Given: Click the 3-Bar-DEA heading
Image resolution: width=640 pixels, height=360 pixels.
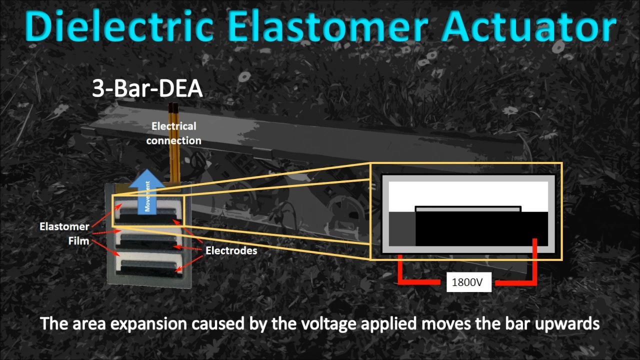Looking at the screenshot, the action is coord(147,88).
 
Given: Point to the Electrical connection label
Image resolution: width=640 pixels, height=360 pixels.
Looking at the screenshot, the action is coord(173,133).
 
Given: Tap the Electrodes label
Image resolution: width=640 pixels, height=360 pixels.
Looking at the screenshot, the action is coord(231,250).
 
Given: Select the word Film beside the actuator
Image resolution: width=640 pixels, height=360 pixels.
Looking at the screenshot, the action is coord(78,241).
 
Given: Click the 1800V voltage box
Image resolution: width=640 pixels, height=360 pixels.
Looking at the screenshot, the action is coord(469,282).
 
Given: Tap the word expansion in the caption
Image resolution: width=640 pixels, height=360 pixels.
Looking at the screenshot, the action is coord(148,324).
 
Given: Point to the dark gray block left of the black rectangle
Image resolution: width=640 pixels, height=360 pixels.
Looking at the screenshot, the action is coord(402,228).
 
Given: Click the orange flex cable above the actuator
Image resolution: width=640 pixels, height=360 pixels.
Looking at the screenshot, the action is coord(174,145).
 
